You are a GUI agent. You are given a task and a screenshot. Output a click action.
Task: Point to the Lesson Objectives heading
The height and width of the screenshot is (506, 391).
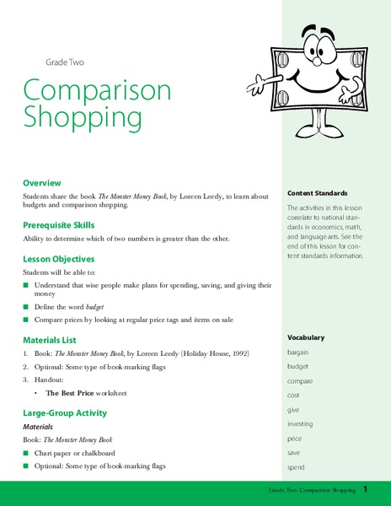59,259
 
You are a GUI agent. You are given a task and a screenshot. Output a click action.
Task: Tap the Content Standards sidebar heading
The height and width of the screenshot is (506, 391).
318,192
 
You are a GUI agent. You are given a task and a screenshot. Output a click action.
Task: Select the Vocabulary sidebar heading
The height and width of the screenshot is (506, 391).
306,337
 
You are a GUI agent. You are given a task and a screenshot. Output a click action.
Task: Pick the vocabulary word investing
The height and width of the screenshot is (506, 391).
301,424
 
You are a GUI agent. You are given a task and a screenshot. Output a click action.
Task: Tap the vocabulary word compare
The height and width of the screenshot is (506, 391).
301,381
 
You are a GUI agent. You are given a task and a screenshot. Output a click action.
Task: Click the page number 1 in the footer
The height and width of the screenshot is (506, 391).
366,490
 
